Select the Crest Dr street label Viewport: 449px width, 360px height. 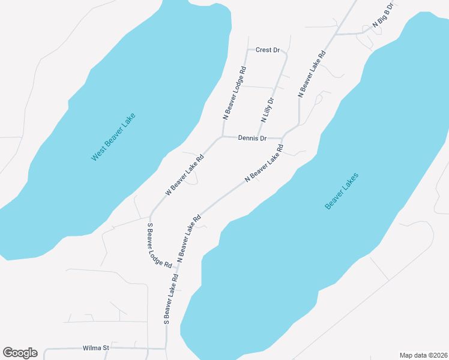click(x=268, y=50)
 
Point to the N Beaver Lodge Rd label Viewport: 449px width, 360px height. click(x=235, y=94)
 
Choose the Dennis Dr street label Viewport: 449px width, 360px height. click(x=252, y=138)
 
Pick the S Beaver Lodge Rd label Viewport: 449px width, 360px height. click(x=160, y=245)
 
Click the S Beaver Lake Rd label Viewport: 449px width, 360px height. click(x=172, y=300)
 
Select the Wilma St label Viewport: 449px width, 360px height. click(x=96, y=348)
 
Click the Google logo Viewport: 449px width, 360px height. click(x=20, y=353)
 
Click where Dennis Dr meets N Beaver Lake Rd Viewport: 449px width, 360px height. click(x=282, y=138)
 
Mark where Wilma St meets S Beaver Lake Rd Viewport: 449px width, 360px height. click(x=166, y=348)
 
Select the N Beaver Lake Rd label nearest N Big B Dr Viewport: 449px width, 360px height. click(x=312, y=74)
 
